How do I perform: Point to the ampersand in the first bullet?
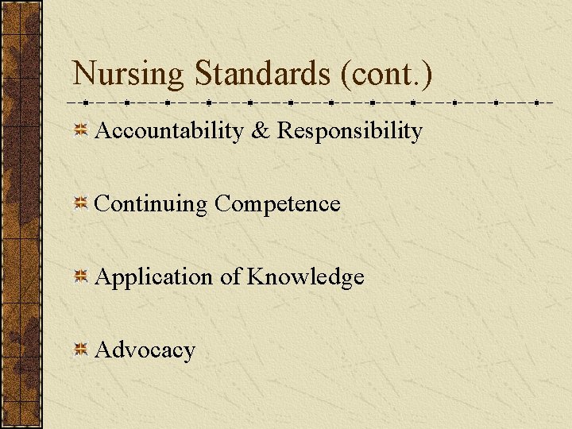[260, 130]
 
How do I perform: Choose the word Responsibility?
[350, 131]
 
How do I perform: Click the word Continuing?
[150, 204]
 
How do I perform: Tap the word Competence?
[277, 204]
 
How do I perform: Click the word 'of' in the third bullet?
[230, 276]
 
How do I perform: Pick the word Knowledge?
[306, 277]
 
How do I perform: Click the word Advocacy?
[145, 350]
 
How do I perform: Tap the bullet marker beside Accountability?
[80, 131]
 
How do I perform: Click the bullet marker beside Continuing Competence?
[80, 204]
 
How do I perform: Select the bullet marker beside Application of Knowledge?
[80, 277]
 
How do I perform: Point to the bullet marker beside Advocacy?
[80, 350]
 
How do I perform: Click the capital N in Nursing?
[84, 73]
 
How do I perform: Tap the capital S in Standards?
[203, 73]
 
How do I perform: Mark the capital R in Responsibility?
[285, 130]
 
